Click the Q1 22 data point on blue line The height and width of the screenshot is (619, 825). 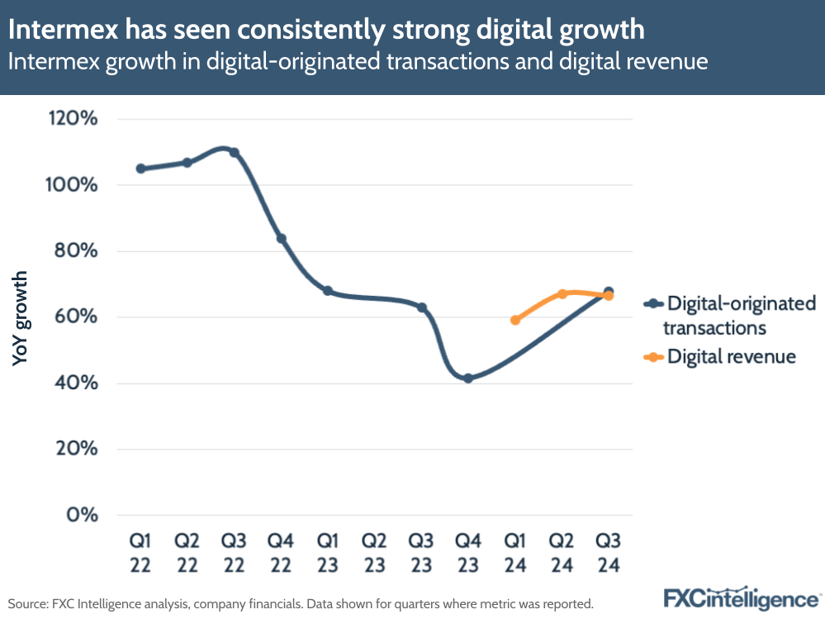(x=140, y=169)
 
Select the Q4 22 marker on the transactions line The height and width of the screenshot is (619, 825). (x=281, y=239)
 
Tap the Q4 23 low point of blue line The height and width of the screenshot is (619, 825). (x=468, y=379)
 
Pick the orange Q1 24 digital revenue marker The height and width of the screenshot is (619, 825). (x=515, y=320)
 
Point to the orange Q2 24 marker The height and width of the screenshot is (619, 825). (x=562, y=294)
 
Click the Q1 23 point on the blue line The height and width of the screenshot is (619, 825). (x=328, y=291)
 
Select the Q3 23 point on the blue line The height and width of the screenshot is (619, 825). (x=422, y=307)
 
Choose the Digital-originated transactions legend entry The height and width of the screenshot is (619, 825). (x=731, y=315)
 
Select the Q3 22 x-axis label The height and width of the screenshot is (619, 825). (x=234, y=553)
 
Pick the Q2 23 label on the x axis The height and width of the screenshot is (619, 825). (x=375, y=553)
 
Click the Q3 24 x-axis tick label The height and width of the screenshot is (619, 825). (x=609, y=553)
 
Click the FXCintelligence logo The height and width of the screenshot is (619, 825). (x=740, y=598)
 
